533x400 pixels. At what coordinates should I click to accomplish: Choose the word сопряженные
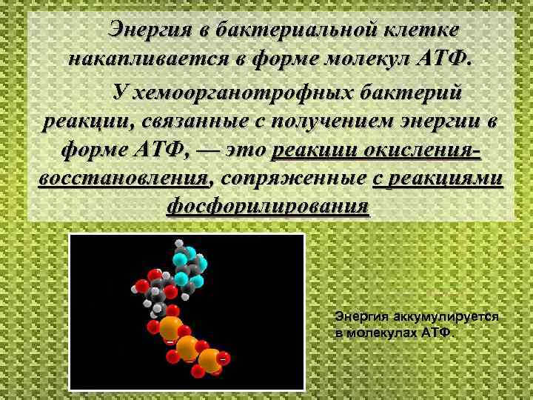click(x=293, y=178)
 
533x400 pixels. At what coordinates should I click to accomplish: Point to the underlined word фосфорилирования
click(x=268, y=205)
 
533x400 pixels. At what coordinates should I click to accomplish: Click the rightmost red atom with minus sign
click(x=222, y=359)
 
